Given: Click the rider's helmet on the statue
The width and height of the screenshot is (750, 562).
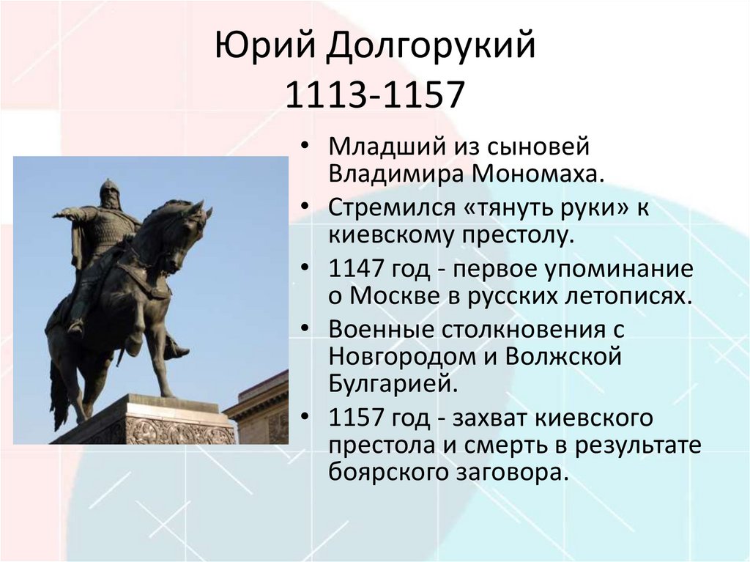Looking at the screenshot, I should click(109, 187).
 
